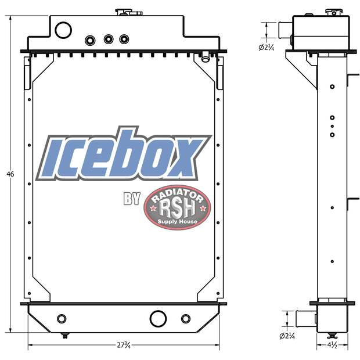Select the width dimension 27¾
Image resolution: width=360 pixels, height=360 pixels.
click(x=123, y=345)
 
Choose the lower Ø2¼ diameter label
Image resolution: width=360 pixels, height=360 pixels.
click(x=287, y=336)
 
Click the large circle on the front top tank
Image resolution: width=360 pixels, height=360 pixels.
click(x=63, y=30)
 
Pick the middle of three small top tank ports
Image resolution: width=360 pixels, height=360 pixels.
click(x=108, y=39)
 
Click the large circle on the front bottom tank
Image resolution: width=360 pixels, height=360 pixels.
click(x=158, y=318)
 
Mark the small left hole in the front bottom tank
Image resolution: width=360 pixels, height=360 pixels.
click(x=62, y=319)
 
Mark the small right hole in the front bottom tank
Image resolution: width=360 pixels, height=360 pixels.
click(x=186, y=319)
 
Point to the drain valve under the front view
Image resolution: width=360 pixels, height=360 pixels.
click(x=65, y=335)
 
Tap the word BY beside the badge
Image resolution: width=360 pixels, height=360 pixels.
click(x=132, y=199)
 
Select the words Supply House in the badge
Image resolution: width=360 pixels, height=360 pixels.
click(x=178, y=222)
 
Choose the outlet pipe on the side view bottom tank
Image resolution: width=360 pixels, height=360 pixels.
click(x=305, y=318)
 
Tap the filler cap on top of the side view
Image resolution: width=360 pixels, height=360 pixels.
click(x=333, y=12)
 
